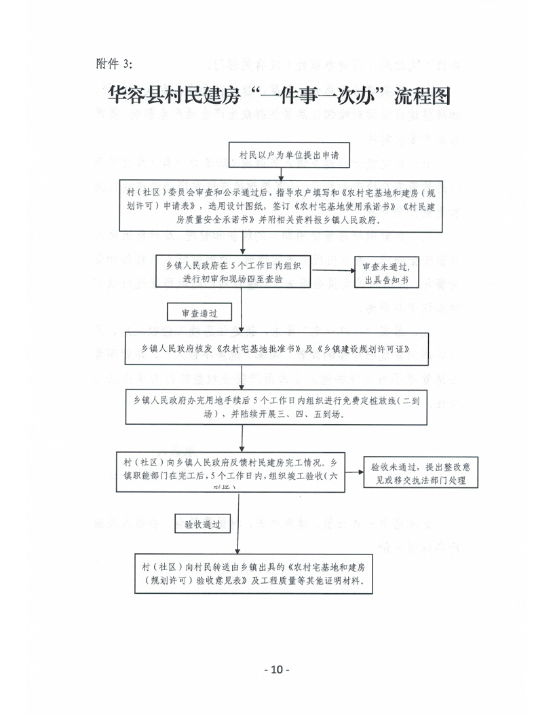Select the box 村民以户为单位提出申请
pyautogui.click(x=290, y=156)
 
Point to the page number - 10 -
pyautogui.click(x=276, y=669)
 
